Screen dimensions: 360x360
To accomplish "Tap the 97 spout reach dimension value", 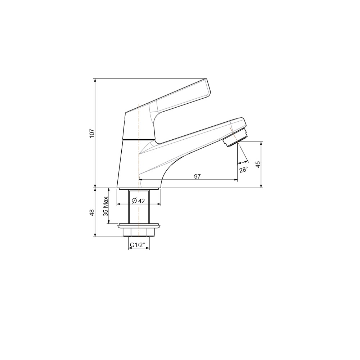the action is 197,176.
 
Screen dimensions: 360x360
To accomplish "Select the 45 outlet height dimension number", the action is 258,164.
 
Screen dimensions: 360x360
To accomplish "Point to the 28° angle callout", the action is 244,170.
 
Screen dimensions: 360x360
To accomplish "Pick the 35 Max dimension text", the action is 105,206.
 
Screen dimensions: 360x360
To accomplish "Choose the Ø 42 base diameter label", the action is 139,201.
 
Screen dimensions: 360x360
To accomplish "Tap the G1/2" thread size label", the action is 138,245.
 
